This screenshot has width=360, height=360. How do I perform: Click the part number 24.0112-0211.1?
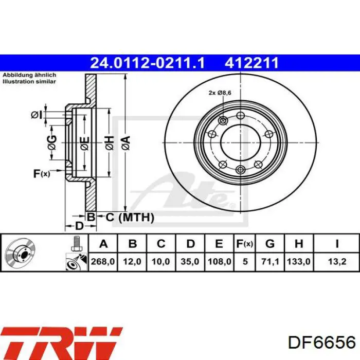point(147,63)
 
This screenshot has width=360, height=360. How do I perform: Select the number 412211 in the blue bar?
point(251,63)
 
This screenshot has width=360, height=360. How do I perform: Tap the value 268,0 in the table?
point(103,261)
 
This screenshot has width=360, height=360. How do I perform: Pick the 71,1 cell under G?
point(270,261)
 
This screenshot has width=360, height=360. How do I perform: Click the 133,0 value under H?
point(299,261)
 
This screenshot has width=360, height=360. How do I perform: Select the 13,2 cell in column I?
point(337,261)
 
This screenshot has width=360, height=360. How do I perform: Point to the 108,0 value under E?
point(219,261)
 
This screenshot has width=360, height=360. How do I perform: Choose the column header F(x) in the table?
point(245,244)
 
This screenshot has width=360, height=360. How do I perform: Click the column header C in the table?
point(161,244)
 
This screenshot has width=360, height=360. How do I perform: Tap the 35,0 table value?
point(190,261)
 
